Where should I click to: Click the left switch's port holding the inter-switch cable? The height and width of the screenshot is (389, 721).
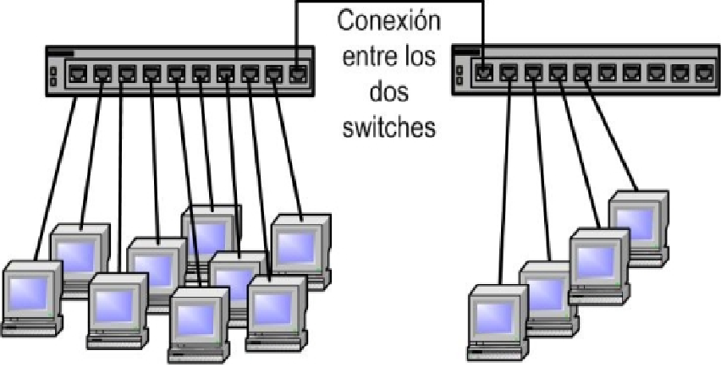click(299, 72)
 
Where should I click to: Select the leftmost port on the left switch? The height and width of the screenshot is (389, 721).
click(76, 72)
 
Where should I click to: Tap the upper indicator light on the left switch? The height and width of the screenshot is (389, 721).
click(52, 71)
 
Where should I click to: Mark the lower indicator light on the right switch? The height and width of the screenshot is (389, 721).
click(459, 81)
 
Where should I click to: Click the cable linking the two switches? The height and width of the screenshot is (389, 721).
click(389, 2)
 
